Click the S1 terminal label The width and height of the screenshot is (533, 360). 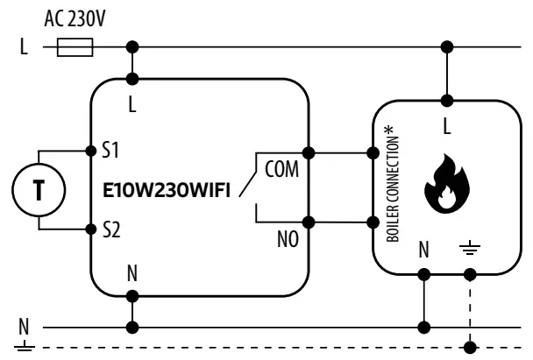(x=110, y=151)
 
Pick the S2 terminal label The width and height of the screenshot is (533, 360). (x=110, y=229)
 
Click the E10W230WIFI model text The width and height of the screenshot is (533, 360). (x=165, y=190)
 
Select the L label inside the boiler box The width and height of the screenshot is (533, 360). (x=446, y=127)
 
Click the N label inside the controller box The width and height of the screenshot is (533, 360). (x=132, y=274)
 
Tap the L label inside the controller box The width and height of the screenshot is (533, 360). (x=132, y=104)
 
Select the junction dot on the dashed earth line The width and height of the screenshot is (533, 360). (x=473, y=342)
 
